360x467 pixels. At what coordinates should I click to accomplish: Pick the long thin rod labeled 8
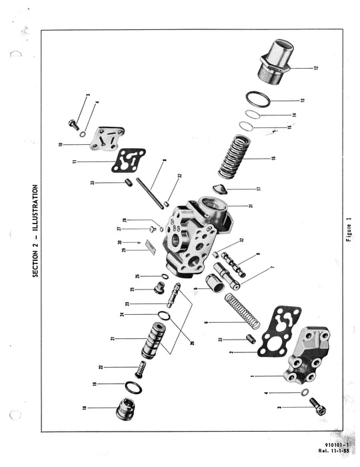point(149,193)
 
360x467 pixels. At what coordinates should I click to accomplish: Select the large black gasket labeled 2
point(279,332)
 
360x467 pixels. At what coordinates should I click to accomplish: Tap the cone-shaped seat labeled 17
point(220,189)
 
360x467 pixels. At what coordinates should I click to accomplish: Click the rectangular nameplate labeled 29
point(149,248)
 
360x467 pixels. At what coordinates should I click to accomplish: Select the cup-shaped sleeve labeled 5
point(216,286)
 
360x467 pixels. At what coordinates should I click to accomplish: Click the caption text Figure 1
point(348,229)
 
